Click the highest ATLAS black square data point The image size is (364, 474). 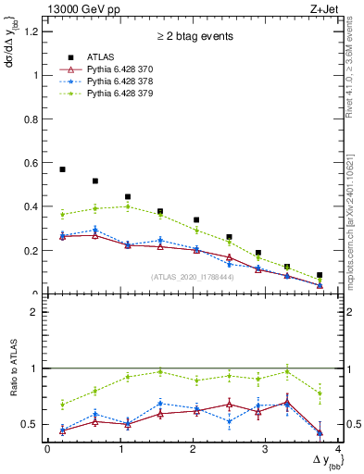(62, 169)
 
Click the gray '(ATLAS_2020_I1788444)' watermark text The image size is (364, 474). (192, 277)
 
